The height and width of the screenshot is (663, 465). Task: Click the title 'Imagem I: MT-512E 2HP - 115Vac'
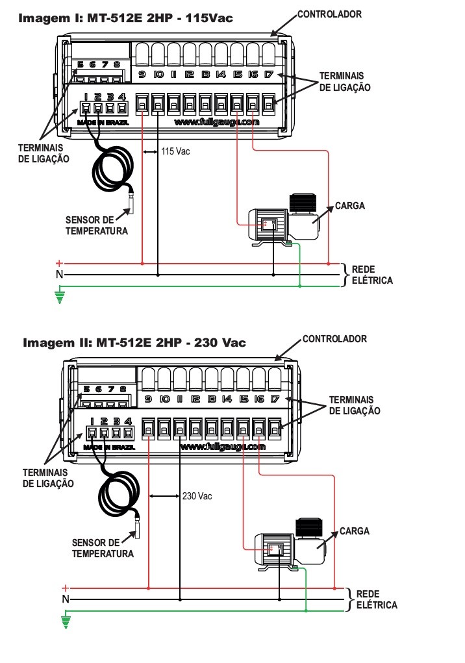click(125, 18)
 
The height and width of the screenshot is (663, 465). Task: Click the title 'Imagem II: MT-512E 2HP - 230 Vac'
click(134, 342)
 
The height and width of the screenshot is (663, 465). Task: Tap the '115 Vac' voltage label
click(175, 151)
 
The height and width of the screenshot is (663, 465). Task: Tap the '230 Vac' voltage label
click(197, 496)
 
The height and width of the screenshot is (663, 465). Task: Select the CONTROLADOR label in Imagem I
click(330, 14)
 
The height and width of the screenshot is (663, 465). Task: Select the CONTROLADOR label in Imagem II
click(335, 339)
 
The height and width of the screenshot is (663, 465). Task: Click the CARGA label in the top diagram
click(350, 206)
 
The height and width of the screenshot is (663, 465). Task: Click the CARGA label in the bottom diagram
click(355, 531)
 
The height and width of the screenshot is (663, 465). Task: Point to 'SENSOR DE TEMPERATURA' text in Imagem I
click(96, 225)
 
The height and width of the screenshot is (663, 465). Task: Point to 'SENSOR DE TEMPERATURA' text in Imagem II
click(103, 548)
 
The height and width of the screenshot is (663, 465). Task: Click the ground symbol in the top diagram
click(60, 296)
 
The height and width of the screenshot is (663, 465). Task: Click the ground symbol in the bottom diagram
click(66, 621)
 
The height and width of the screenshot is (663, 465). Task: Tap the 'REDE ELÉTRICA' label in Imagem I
click(372, 275)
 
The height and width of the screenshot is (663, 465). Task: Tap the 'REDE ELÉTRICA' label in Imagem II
click(377, 599)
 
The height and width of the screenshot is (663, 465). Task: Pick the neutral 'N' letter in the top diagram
click(59, 275)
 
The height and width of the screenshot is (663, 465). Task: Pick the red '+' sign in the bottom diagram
click(65, 588)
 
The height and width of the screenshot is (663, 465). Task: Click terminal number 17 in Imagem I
click(269, 75)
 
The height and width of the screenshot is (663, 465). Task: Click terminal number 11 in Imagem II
click(180, 399)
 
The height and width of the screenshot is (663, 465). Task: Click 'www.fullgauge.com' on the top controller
click(217, 122)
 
